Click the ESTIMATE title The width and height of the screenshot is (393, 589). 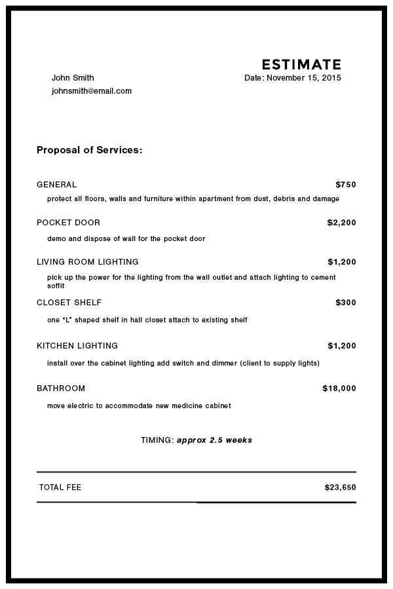pyautogui.click(x=301, y=64)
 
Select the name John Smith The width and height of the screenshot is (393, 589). pyautogui.click(x=73, y=78)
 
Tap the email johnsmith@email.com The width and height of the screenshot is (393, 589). pyautogui.click(x=92, y=91)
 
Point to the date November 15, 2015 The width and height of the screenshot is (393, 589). pyautogui.click(x=304, y=78)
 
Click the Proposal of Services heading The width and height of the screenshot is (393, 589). pyautogui.click(x=89, y=150)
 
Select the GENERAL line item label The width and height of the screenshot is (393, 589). pyautogui.click(x=56, y=185)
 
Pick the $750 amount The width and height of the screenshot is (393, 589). pyautogui.click(x=345, y=185)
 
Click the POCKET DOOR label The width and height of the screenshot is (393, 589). pyautogui.click(x=68, y=223)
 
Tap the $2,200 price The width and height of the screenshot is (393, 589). pyautogui.click(x=341, y=223)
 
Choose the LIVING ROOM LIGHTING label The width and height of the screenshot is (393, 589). pyautogui.click(x=87, y=262)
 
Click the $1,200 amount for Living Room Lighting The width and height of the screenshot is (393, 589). pyautogui.click(x=341, y=262)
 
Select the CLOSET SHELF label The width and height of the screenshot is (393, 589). pyautogui.click(x=69, y=303)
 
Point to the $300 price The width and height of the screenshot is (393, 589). pyautogui.click(x=345, y=303)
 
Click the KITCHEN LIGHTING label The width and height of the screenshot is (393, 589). pyautogui.click(x=77, y=346)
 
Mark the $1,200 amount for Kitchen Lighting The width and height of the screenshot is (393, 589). pyautogui.click(x=341, y=346)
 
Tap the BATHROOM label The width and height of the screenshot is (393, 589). pyautogui.click(x=61, y=389)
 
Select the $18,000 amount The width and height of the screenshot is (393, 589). pyautogui.click(x=339, y=389)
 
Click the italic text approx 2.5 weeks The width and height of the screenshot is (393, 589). pyautogui.click(x=214, y=440)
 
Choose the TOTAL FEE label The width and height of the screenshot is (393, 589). pyautogui.click(x=60, y=487)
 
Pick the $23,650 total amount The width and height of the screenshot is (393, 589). pyautogui.click(x=340, y=487)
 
